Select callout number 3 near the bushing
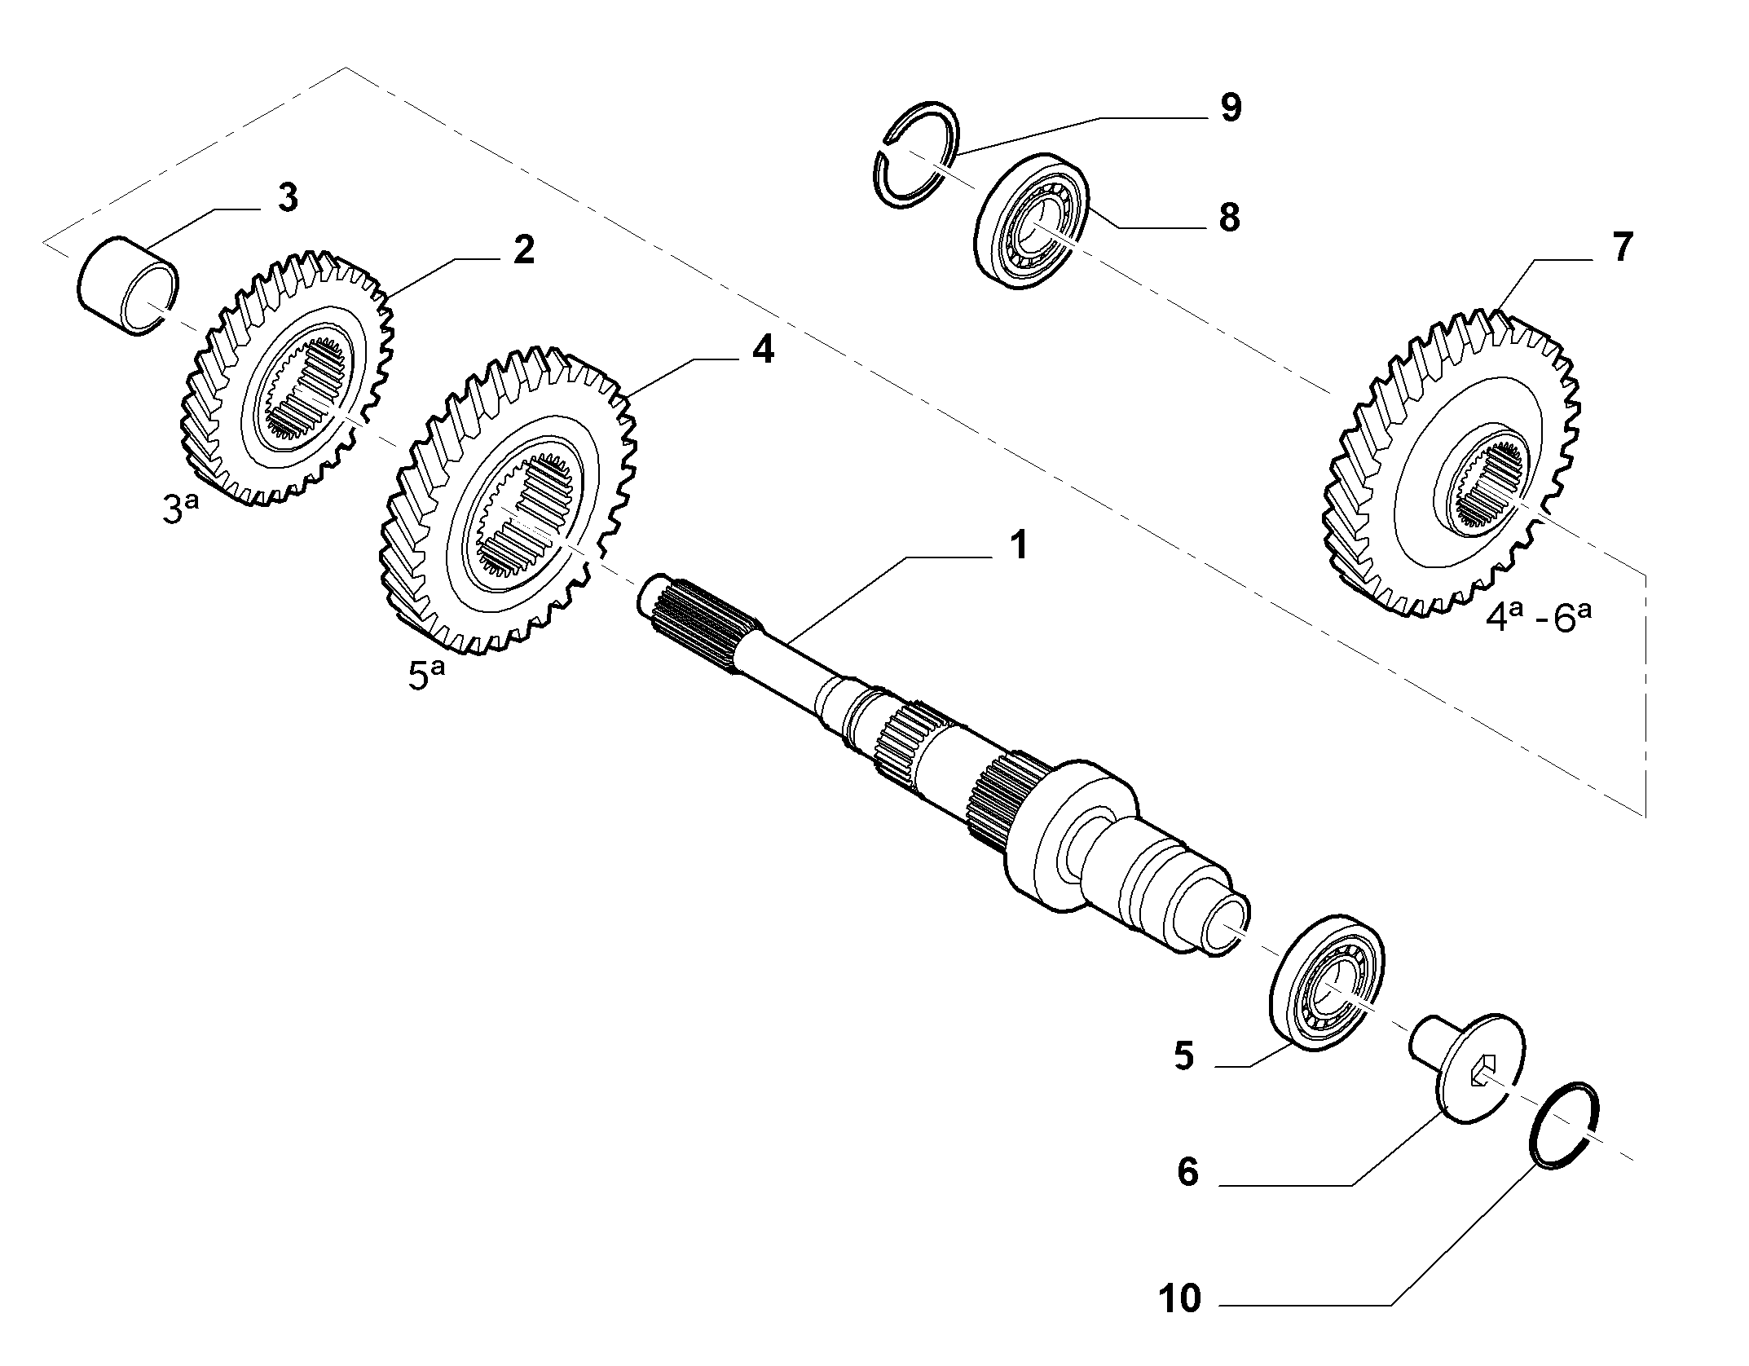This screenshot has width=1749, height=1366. pos(288,198)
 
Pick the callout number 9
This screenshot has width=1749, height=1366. pos(1230,107)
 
